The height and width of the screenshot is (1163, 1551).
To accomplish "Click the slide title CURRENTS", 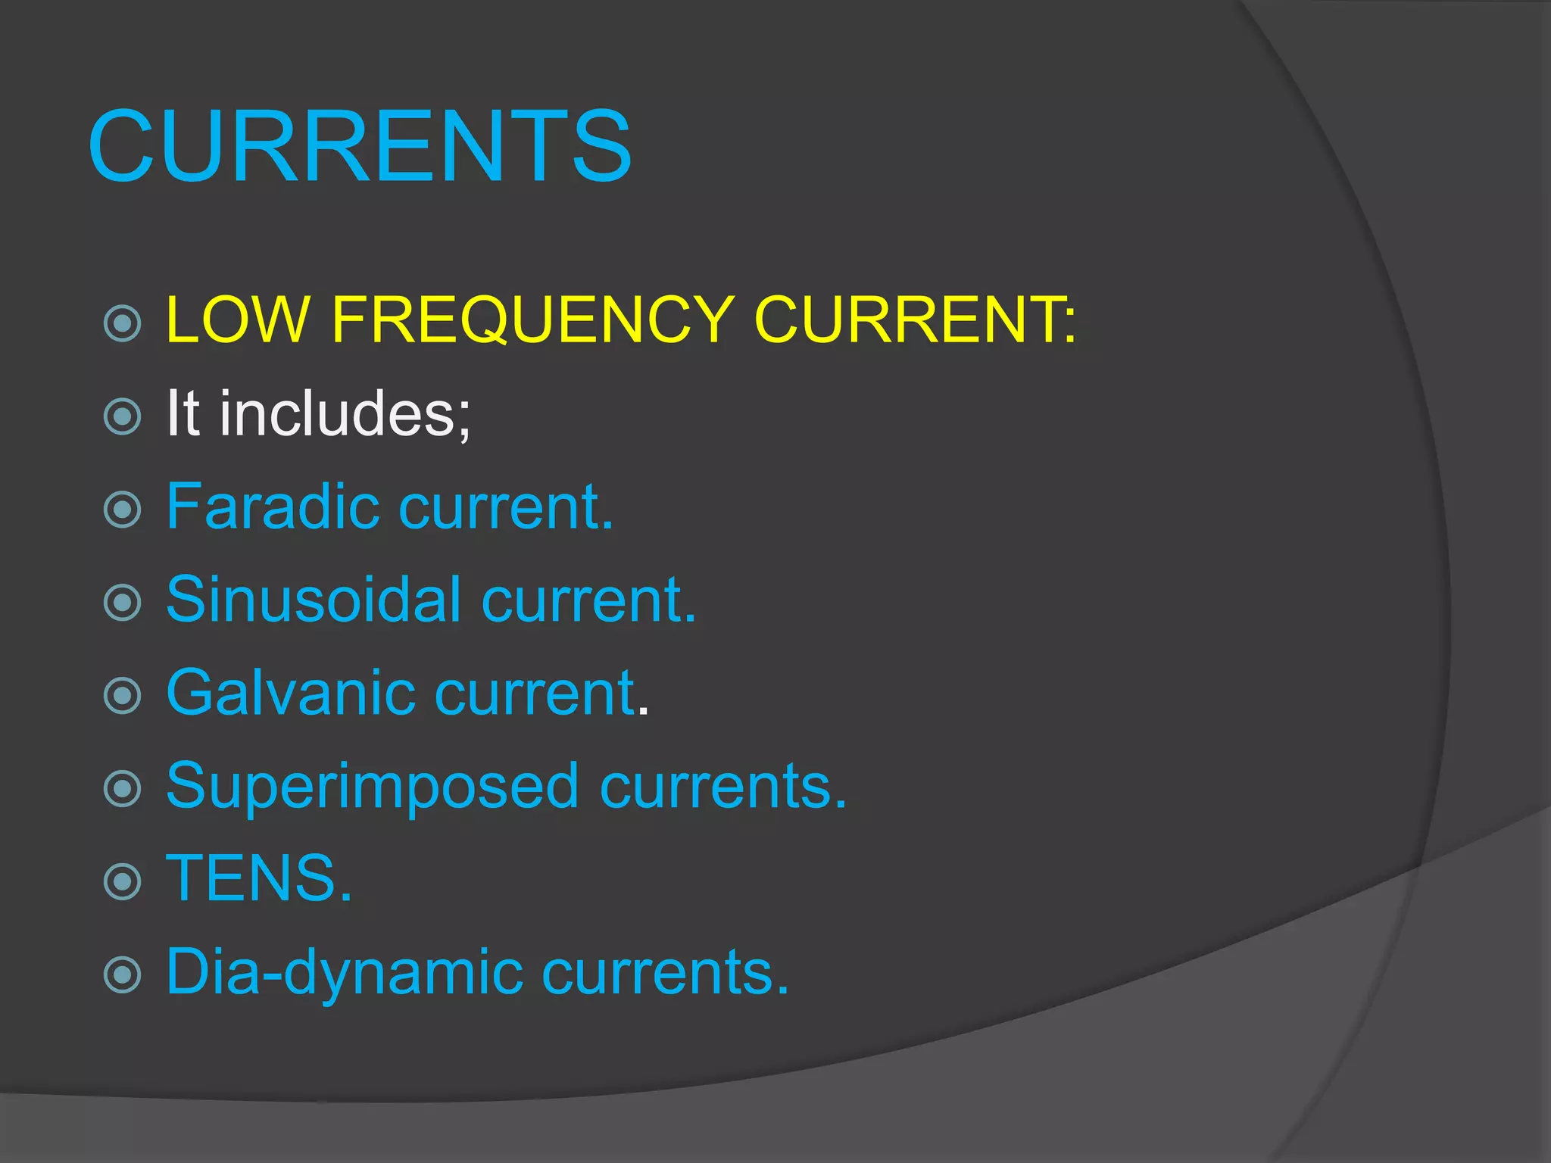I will pos(360,145).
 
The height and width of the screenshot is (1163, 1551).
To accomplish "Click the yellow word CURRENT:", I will pos(915,320).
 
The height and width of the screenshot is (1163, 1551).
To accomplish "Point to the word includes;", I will pos(345,413).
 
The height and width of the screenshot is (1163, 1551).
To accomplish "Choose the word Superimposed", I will pos(373,787).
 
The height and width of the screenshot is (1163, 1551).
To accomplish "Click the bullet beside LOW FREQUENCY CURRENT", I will pos(123,323).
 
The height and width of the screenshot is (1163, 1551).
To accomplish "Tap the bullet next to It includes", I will pos(123,416).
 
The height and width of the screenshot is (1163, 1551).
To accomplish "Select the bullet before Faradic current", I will pos(123,510).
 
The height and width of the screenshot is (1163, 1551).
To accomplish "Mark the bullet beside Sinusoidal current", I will pos(123,603).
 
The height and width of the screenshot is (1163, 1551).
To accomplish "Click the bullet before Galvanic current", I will pos(123,696).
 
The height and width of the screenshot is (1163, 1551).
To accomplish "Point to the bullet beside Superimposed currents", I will pos(123,789).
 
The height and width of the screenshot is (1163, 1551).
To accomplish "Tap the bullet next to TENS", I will pos(123,881).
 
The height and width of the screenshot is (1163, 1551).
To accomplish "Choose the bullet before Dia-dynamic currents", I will pos(123,974).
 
